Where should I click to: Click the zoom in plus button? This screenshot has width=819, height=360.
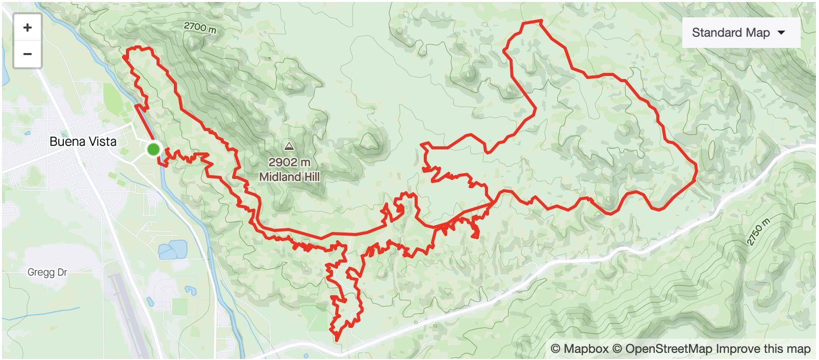(x=28, y=28)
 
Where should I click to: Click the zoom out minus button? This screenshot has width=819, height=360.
(x=28, y=54)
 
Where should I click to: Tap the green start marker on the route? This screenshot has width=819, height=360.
(x=153, y=149)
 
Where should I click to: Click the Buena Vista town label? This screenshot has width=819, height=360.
(x=83, y=142)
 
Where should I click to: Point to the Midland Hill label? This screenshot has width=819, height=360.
(x=289, y=177)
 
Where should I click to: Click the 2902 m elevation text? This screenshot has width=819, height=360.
(x=289, y=162)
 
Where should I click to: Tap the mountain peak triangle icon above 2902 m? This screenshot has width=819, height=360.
(x=289, y=146)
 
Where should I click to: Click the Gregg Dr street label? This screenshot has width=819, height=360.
(x=47, y=272)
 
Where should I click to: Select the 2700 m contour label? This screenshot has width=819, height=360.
(x=200, y=27)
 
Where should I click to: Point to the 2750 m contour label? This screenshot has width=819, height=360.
(x=758, y=232)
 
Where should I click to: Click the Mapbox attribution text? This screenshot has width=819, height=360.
(x=580, y=349)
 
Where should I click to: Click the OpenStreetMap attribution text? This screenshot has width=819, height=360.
(x=662, y=349)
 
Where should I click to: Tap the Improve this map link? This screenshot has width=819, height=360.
(x=763, y=349)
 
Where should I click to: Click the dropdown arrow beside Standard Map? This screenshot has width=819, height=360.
(x=781, y=33)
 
